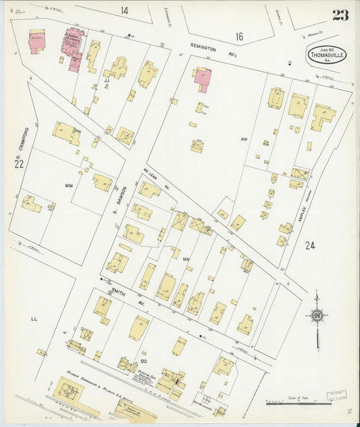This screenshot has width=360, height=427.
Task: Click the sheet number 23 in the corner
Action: pyautogui.click(x=340, y=15)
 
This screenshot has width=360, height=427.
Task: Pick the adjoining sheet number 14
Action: pyautogui.click(x=124, y=10)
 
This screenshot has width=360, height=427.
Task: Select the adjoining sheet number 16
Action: pyautogui.click(x=240, y=36)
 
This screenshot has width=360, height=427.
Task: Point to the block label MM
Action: pyautogui.click(x=69, y=184)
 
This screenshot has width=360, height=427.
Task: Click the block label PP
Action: pyautogui.click(x=244, y=140)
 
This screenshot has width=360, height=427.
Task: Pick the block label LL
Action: pyautogui.click(x=34, y=317)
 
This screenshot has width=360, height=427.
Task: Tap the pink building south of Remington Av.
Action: pyautogui.click(x=201, y=78)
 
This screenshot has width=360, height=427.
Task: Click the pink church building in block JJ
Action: pyautogui.click(x=72, y=49)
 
